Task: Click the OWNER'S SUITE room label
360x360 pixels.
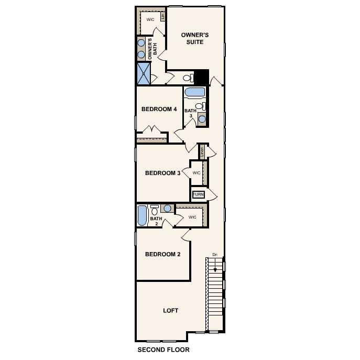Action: click(x=195, y=38)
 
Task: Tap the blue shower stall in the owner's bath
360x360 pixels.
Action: click(x=144, y=73)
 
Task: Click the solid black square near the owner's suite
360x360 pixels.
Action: click(x=201, y=77)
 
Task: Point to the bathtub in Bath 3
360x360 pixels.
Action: click(x=195, y=93)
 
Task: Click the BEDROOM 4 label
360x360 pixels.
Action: click(x=159, y=110)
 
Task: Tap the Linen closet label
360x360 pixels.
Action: click(x=202, y=151)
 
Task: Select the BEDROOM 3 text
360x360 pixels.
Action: click(x=162, y=173)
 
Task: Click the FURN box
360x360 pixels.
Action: click(x=198, y=194)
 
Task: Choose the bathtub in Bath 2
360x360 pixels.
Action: click(x=142, y=215)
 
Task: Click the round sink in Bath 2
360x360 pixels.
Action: click(x=167, y=208)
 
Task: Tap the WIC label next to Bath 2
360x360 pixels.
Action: click(x=192, y=216)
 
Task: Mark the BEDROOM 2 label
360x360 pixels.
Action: click(x=162, y=254)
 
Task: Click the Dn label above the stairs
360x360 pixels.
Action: click(x=214, y=255)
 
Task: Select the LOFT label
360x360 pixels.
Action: click(x=170, y=310)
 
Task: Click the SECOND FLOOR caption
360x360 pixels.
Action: click(x=163, y=350)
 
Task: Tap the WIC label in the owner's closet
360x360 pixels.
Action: click(x=150, y=19)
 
